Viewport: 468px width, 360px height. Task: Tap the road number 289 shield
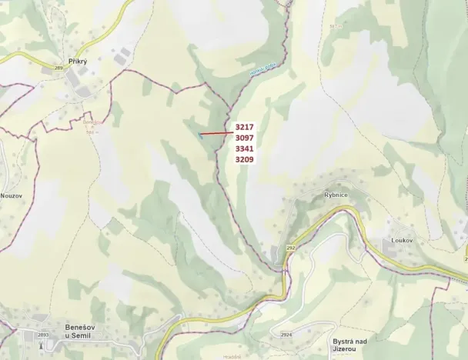point(58,69)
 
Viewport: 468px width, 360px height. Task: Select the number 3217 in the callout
point(245,126)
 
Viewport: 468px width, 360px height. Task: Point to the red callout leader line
point(216,132)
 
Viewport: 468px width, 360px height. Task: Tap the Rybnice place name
point(336,195)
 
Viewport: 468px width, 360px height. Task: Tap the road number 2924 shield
point(286,335)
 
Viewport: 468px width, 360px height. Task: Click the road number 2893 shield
point(43,335)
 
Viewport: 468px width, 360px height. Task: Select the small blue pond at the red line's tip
point(199,135)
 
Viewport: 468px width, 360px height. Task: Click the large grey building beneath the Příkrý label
point(77,79)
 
